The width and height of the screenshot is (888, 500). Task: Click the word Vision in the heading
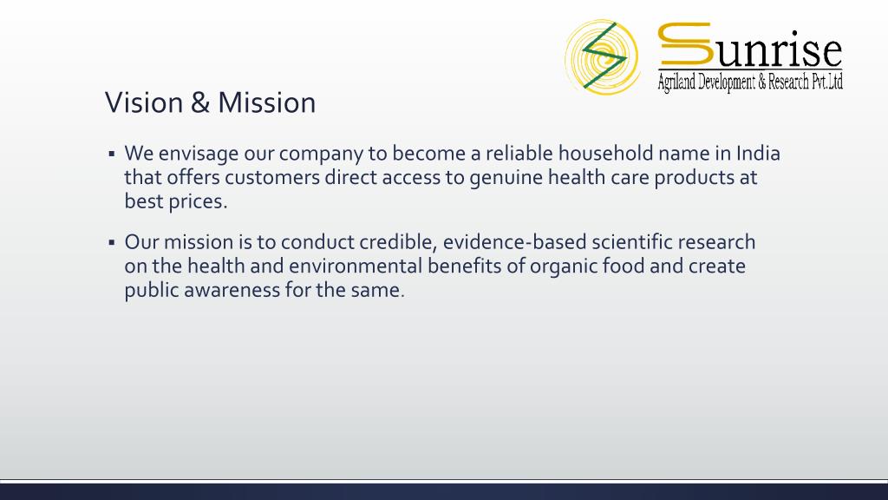click(145, 102)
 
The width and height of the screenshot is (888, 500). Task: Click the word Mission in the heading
click(267, 102)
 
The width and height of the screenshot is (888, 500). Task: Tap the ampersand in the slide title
click(200, 102)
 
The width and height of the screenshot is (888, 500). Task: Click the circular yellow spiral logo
click(602, 56)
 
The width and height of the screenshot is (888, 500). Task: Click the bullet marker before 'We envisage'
click(112, 154)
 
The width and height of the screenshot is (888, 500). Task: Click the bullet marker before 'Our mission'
click(112, 243)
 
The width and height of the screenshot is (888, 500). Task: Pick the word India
click(758, 153)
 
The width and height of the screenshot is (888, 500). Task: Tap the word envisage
click(199, 155)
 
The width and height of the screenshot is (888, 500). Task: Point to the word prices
click(198, 202)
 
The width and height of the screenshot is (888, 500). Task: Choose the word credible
click(397, 243)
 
